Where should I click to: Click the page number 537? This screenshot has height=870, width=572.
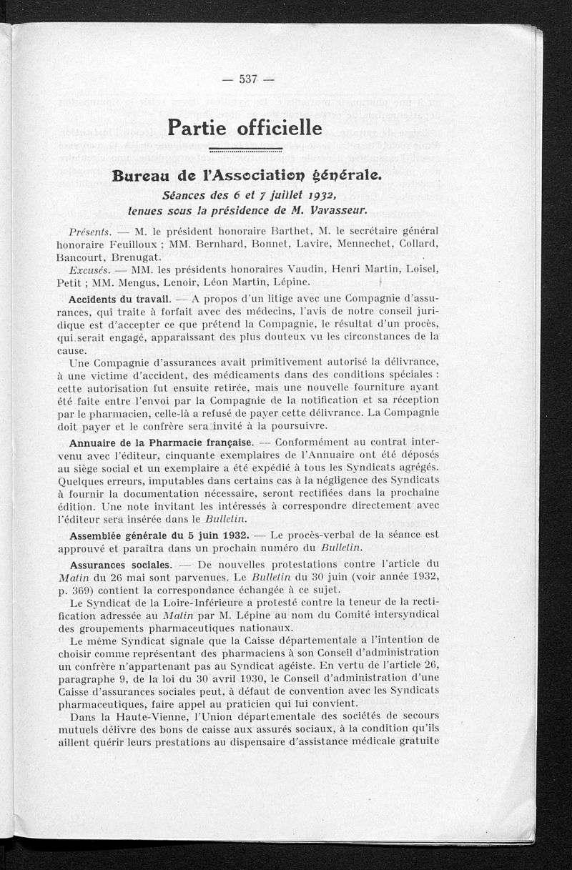(247, 79)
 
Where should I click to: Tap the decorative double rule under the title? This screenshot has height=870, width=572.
(245, 150)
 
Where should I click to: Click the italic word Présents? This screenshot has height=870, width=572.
(90, 232)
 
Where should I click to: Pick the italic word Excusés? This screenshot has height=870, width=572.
(89, 270)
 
